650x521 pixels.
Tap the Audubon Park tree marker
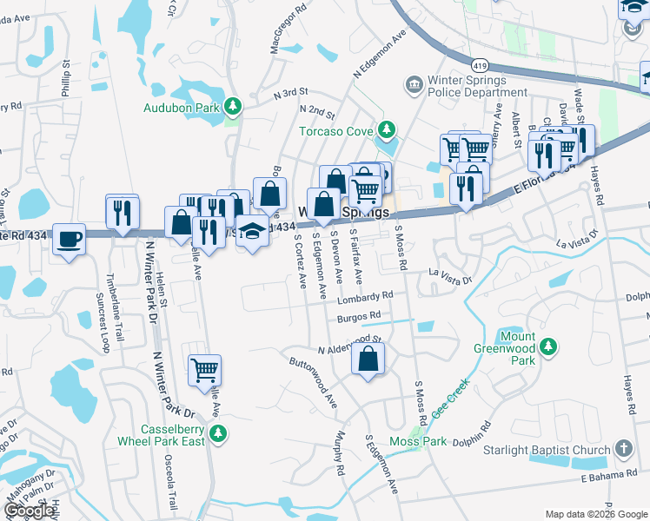(x=232, y=107)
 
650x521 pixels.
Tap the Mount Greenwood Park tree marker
(x=547, y=347)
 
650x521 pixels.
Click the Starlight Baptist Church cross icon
(x=622, y=449)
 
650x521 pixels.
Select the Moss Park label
(x=418, y=442)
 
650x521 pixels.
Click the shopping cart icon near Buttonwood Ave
(x=205, y=369)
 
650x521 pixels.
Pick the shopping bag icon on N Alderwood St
(x=368, y=358)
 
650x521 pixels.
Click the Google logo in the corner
(x=30, y=511)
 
